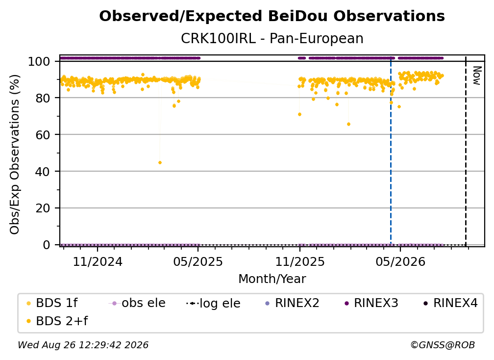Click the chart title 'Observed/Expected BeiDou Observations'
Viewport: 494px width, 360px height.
point(272,16)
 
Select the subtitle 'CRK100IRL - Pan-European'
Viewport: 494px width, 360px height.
point(272,38)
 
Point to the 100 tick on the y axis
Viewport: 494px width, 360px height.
point(39,61)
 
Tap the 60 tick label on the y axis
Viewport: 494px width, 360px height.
point(43,134)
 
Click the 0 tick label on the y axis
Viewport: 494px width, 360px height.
point(47,245)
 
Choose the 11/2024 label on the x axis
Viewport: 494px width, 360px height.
point(98,261)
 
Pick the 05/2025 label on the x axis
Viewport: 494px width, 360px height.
point(198,261)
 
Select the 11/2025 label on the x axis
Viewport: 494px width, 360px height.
point(300,261)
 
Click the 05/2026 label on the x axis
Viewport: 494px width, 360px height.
point(400,261)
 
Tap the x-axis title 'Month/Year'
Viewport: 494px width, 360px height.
point(272,279)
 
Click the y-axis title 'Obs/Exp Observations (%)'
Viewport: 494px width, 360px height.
point(15,154)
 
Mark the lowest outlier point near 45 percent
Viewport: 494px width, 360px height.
point(160,163)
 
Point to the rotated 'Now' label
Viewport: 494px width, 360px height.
point(477,76)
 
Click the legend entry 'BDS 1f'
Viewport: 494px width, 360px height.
point(52,303)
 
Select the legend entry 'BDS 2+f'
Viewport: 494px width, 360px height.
point(57,321)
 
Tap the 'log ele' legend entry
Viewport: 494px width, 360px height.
point(213,303)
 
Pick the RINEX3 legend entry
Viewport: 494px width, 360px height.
point(371,303)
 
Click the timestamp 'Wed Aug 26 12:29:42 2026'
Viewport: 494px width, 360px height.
point(83,345)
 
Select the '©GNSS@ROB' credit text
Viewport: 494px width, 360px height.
point(443,345)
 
